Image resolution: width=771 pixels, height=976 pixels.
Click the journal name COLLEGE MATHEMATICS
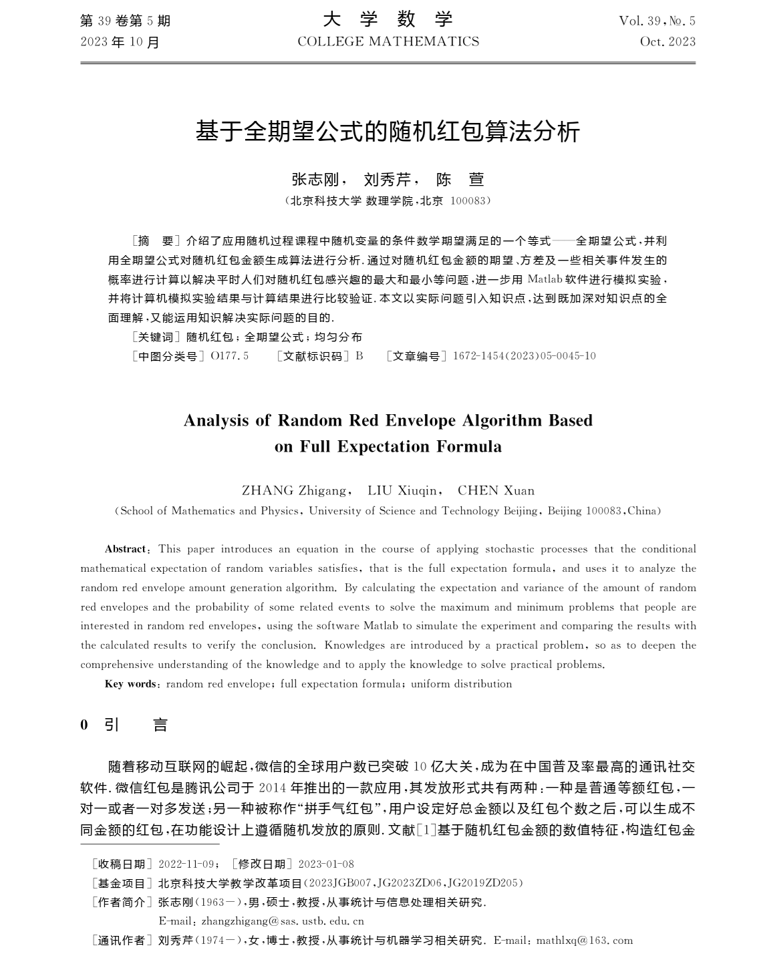tap(388, 41)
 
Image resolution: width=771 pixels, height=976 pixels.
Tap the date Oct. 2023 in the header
tap(667, 41)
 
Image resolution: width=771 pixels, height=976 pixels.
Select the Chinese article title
tap(388, 132)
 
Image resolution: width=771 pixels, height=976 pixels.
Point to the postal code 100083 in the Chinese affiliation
tap(470, 200)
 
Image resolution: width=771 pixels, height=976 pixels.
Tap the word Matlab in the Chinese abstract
tap(545, 279)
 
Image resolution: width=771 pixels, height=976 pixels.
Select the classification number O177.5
tap(229, 356)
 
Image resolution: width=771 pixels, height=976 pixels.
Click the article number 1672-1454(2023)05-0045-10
tap(524, 356)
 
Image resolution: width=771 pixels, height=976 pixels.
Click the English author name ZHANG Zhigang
tap(294, 491)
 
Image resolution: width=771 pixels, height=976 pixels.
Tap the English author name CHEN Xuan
tap(496, 491)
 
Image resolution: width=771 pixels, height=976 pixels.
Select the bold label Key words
tap(130, 684)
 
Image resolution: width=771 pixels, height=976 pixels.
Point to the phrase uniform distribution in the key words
tap(461, 684)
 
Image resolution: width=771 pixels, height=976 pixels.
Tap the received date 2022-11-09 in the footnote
tap(186, 864)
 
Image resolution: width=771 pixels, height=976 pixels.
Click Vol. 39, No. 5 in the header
tap(657, 21)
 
